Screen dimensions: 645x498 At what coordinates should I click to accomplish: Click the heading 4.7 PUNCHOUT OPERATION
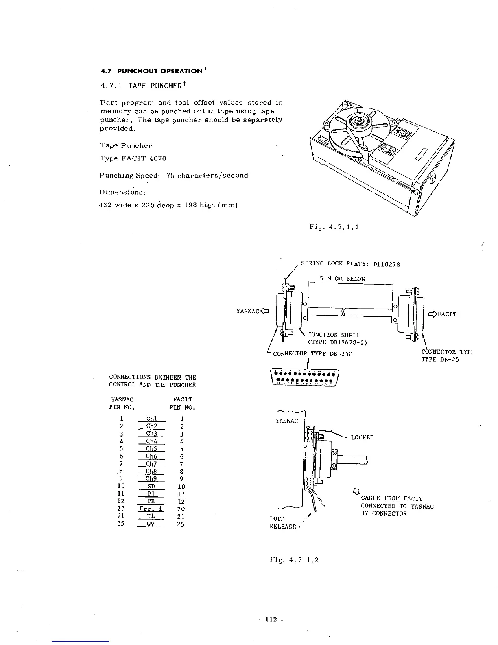(151, 71)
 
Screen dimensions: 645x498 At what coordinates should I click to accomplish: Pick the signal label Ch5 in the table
(151, 449)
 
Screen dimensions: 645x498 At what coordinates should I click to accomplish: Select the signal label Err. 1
(151, 509)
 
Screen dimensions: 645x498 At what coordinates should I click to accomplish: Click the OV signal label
(151, 524)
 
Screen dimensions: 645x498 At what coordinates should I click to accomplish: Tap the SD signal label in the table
(151, 487)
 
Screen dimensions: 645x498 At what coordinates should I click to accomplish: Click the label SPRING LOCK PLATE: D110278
(350, 264)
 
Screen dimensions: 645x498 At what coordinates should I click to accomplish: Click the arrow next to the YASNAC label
(265, 312)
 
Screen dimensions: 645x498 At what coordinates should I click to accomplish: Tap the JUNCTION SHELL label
(334, 336)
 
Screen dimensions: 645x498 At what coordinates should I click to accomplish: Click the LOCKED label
(362, 437)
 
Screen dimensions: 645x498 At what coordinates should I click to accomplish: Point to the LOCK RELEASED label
(284, 523)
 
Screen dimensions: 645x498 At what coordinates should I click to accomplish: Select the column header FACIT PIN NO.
(182, 404)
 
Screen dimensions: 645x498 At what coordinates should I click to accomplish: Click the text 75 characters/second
(207, 176)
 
